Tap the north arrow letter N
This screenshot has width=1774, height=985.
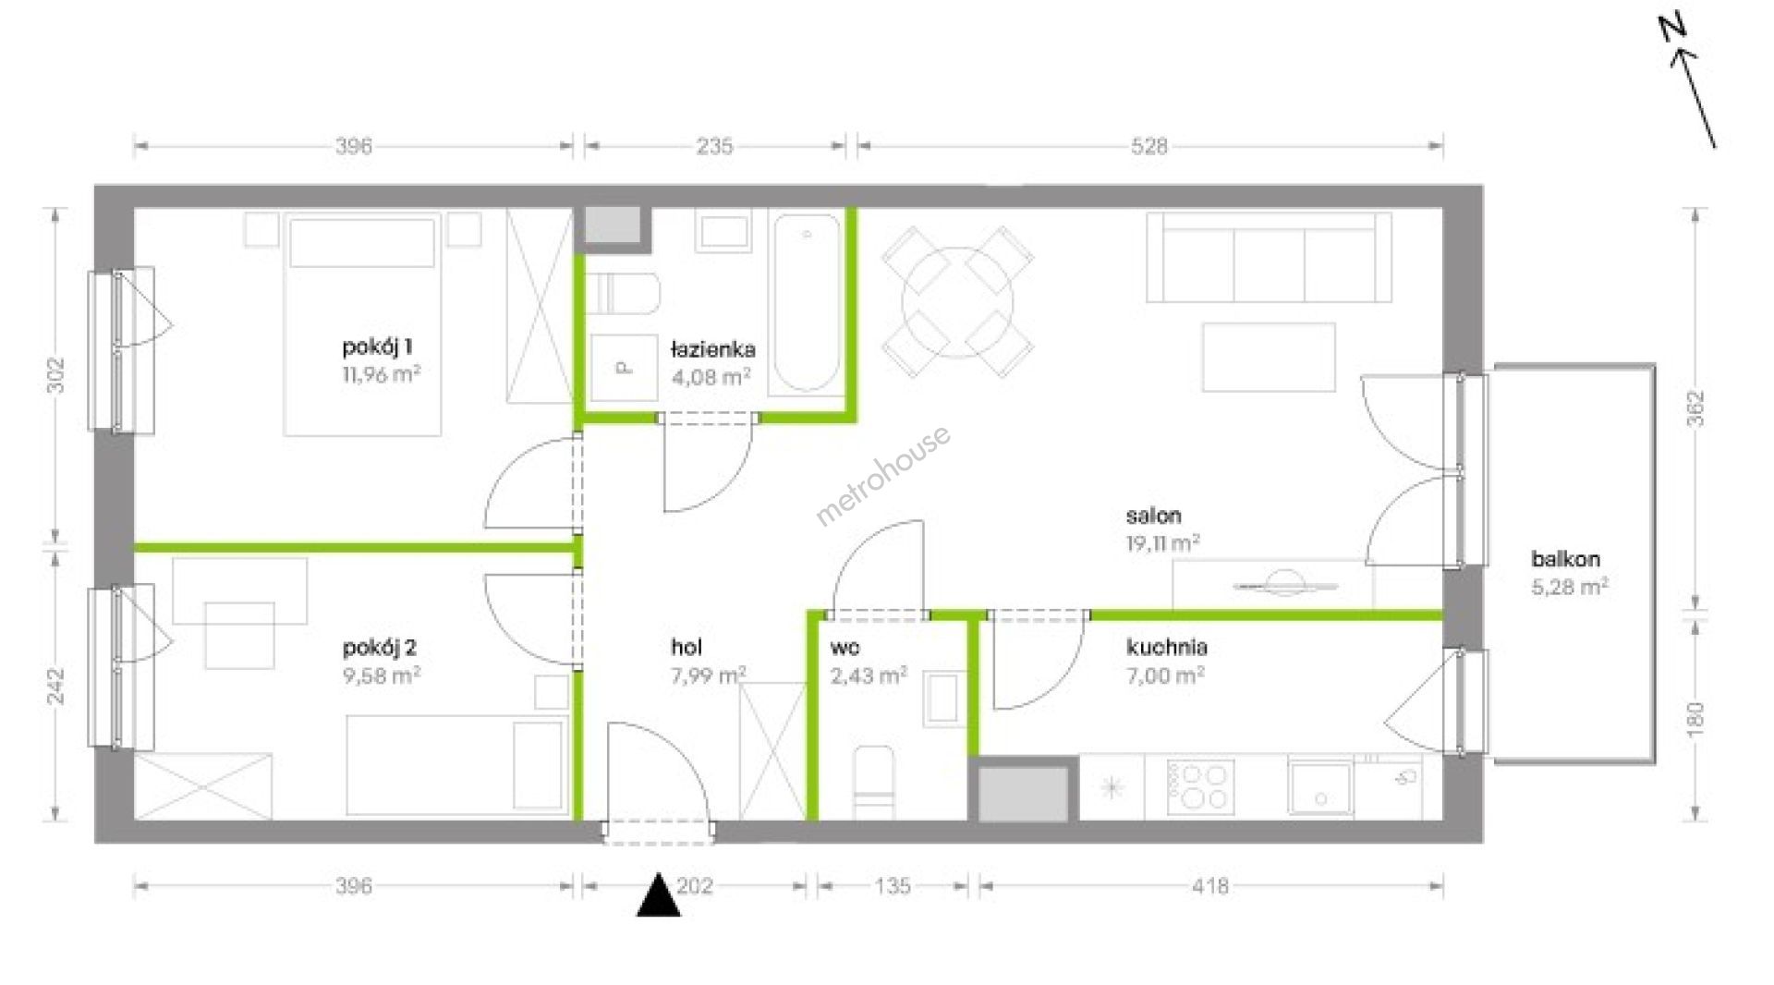coord(1673,30)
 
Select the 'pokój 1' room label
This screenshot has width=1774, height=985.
coord(378,347)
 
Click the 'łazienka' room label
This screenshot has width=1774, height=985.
coord(712,349)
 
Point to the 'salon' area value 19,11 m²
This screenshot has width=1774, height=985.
coord(1162,542)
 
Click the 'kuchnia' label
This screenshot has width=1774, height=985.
coord(1167,647)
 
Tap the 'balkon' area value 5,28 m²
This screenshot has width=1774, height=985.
coord(1570,586)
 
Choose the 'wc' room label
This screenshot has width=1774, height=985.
coord(844,648)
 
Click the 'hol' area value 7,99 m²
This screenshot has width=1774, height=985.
coord(709,675)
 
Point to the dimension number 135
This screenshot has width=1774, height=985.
coord(893,886)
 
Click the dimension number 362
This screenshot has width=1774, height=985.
coord(1695,408)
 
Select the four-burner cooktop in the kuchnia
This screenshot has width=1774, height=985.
coord(1200,786)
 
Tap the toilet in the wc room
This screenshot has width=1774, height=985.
coord(873,782)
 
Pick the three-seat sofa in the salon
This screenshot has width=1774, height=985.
coord(1269,257)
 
